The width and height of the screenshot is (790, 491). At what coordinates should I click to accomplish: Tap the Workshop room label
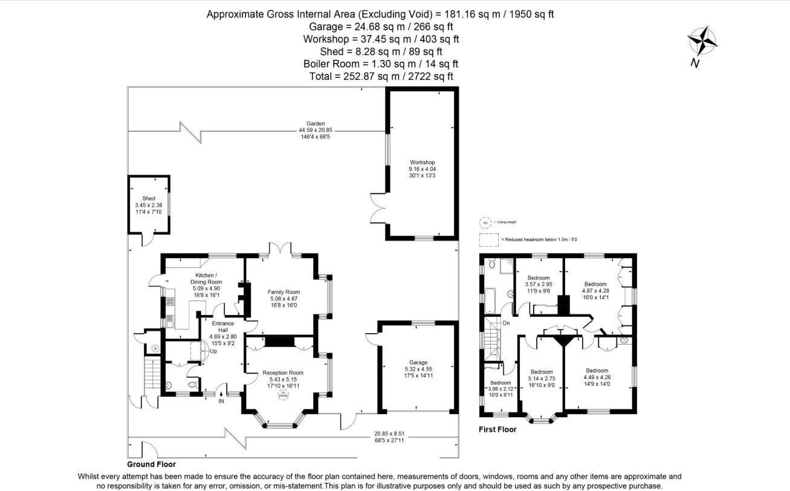coord(422,163)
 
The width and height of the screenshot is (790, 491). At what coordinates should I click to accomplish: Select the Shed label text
coord(149,198)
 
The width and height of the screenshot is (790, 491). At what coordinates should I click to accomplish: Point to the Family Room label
coord(283,292)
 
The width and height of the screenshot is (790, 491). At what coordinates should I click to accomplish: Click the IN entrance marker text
coord(221,401)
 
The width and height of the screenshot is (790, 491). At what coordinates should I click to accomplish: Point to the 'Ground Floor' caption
coord(151,464)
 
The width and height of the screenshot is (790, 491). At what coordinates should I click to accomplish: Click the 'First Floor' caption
coord(497,429)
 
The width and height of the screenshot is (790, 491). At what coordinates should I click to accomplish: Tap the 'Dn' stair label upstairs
coord(507,324)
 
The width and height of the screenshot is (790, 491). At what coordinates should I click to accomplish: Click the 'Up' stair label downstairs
coord(213,351)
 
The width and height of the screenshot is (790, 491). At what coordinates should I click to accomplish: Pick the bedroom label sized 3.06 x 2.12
coord(500,389)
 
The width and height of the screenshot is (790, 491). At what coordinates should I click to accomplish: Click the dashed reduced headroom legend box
coord(487,240)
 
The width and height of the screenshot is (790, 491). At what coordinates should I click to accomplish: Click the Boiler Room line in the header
coord(380,63)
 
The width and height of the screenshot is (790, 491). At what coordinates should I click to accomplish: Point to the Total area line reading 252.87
coord(380,76)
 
